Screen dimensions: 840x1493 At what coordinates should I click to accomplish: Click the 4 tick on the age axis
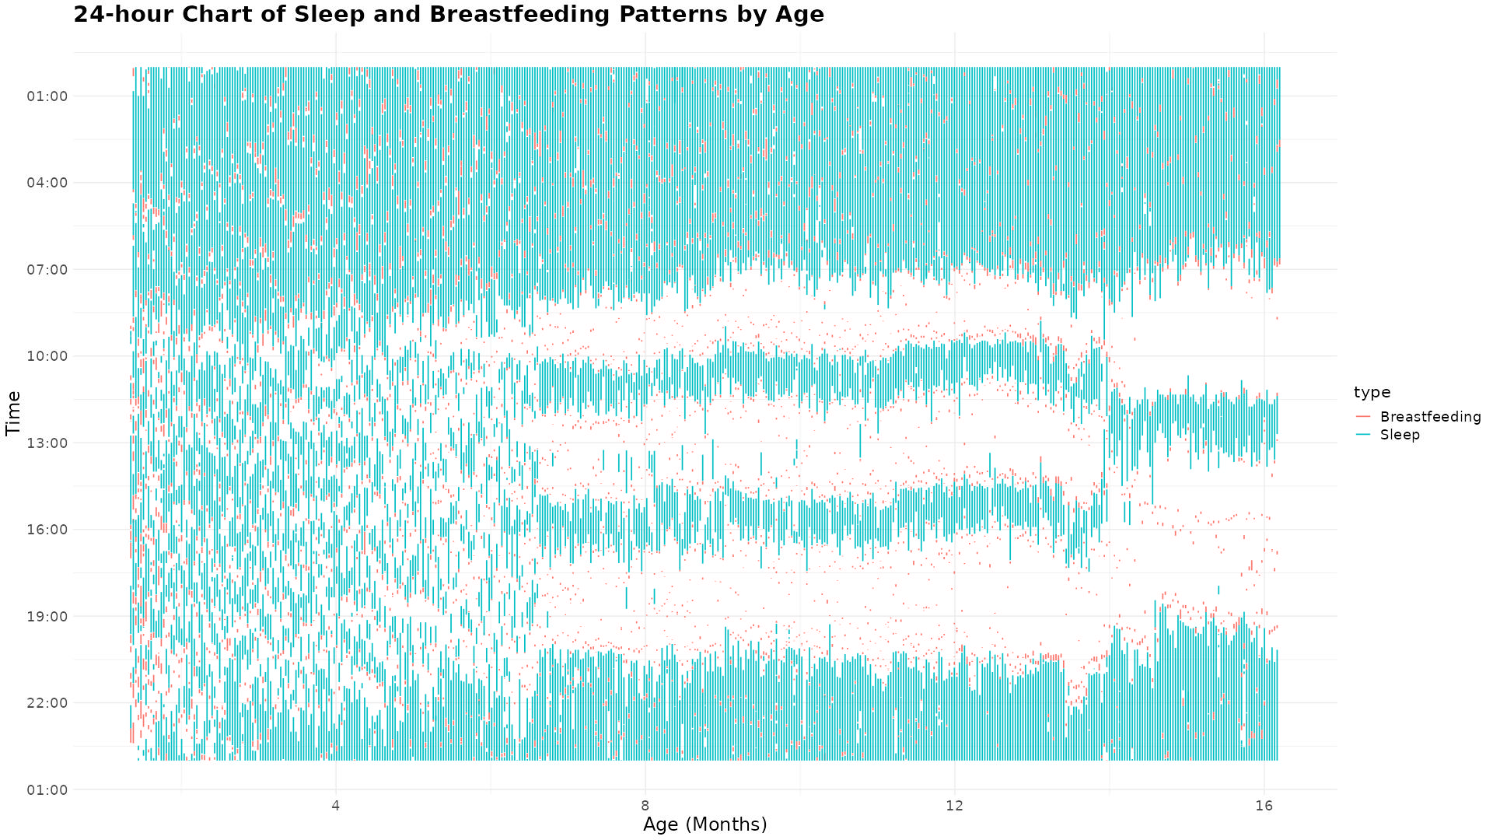point(336,805)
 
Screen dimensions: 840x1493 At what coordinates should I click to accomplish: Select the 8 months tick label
point(645,805)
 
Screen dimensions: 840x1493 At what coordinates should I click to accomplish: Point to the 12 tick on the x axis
point(954,805)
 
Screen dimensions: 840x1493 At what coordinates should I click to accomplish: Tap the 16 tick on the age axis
point(1264,805)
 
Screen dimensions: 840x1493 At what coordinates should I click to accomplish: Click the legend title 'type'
point(1372,392)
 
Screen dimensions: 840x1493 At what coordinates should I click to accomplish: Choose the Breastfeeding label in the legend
point(1430,417)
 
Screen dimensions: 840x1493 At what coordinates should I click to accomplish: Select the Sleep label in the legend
point(1400,435)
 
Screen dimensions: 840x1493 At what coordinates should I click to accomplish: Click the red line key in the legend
point(1363,417)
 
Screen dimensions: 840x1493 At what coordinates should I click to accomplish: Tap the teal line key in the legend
point(1363,435)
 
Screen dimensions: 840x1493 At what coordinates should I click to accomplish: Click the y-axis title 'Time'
point(13,413)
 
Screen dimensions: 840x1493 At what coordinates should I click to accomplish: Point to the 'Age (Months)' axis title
point(705,824)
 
